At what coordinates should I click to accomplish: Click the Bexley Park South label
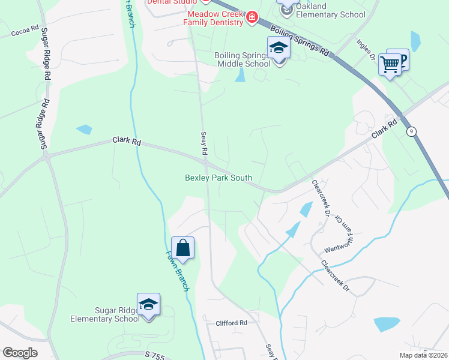(218, 178)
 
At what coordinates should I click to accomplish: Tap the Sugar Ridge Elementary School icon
(148, 304)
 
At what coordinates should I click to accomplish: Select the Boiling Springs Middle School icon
(279, 47)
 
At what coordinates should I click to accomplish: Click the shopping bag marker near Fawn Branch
(182, 248)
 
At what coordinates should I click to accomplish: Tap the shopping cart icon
(390, 64)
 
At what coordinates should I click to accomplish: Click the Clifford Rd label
(232, 323)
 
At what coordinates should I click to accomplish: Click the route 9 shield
(411, 131)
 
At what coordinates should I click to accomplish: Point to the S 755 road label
(154, 355)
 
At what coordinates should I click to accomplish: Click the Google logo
(20, 353)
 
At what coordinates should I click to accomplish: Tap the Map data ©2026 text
(422, 355)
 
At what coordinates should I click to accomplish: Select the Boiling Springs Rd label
(300, 41)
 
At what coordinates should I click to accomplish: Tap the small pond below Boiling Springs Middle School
(240, 74)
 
